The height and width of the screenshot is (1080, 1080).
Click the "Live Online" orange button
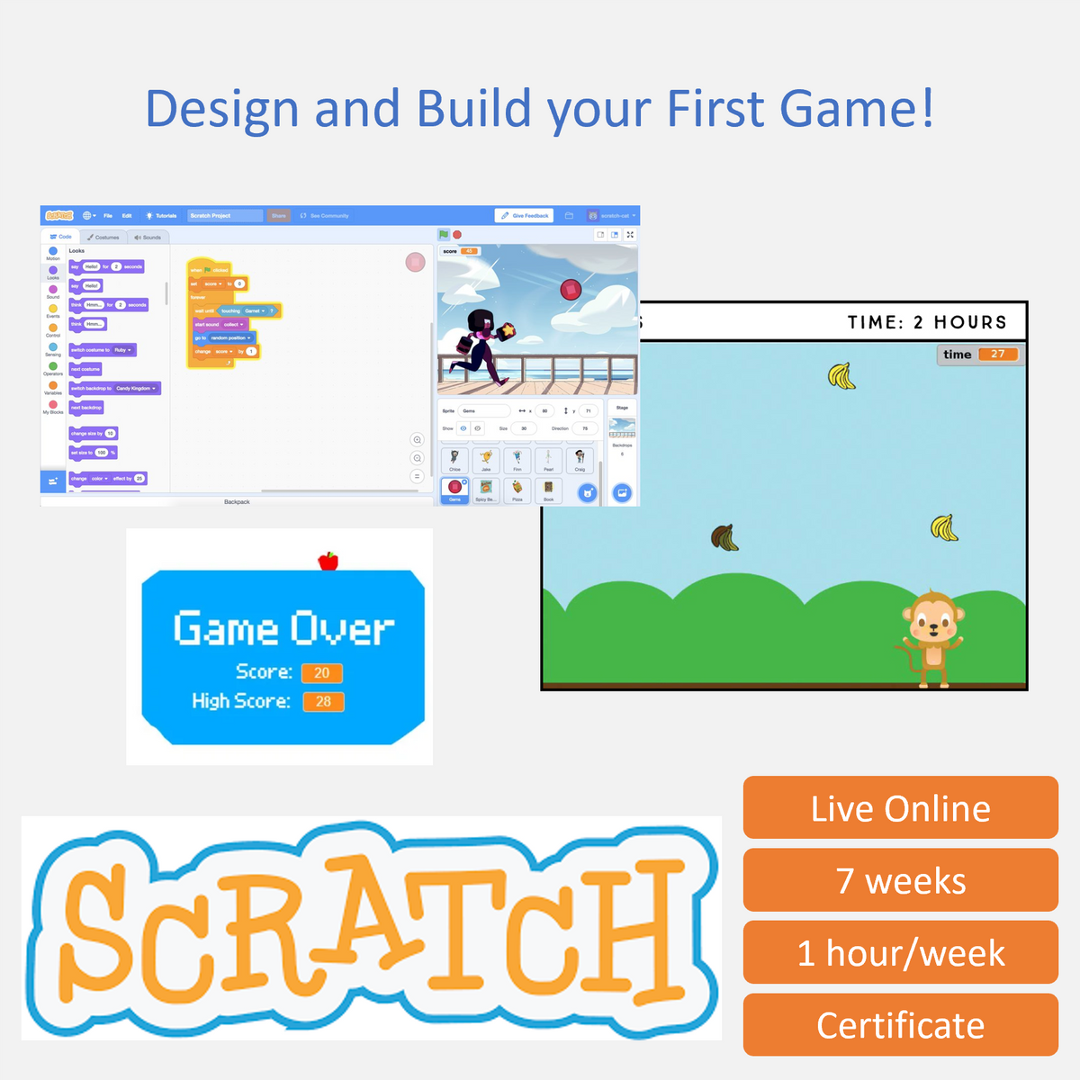[900, 808]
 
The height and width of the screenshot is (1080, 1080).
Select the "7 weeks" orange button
[900, 880]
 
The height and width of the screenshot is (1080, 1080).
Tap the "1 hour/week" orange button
[900, 953]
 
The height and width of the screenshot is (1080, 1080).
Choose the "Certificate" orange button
[900, 1025]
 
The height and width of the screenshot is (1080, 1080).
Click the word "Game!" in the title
[857, 108]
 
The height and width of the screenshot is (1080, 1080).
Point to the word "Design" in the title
[221, 110]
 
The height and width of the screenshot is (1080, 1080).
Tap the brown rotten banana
[724, 537]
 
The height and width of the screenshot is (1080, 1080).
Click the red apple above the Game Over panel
[328, 561]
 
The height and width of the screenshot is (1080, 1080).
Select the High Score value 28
[323, 702]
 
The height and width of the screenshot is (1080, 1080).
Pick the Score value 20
[322, 673]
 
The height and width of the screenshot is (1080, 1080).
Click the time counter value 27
[997, 355]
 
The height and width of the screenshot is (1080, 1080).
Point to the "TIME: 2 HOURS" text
[926, 322]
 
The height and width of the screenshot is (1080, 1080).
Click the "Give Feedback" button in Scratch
[525, 216]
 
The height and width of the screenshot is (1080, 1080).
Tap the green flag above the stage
[444, 235]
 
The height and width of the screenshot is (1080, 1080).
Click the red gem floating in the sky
[571, 289]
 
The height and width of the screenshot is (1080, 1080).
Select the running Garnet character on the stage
[487, 346]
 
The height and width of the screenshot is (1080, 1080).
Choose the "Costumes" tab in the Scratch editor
[104, 238]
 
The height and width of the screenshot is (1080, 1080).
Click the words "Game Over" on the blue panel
[283, 628]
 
